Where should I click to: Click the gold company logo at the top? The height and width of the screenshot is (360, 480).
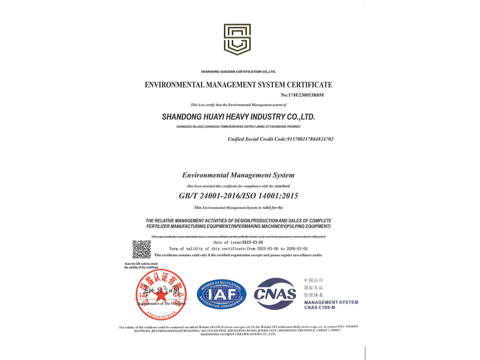(x=237, y=40)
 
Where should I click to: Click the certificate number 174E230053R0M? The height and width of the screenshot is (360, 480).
(x=302, y=95)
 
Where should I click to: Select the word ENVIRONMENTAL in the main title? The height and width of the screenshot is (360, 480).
(x=177, y=85)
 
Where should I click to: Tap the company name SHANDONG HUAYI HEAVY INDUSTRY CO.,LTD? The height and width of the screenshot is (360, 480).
(x=238, y=117)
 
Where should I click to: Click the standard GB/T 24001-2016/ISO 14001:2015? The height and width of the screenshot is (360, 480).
(x=238, y=196)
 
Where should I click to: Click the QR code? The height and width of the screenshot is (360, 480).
(x=142, y=250)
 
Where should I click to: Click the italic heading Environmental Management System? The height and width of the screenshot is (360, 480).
(x=238, y=175)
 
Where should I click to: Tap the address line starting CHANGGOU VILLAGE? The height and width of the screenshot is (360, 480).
(x=238, y=127)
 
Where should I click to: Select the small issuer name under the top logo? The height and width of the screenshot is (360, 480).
(x=238, y=71)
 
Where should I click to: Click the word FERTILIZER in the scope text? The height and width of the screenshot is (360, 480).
(x=163, y=227)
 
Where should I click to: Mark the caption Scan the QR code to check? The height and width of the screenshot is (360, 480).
(x=142, y=264)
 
